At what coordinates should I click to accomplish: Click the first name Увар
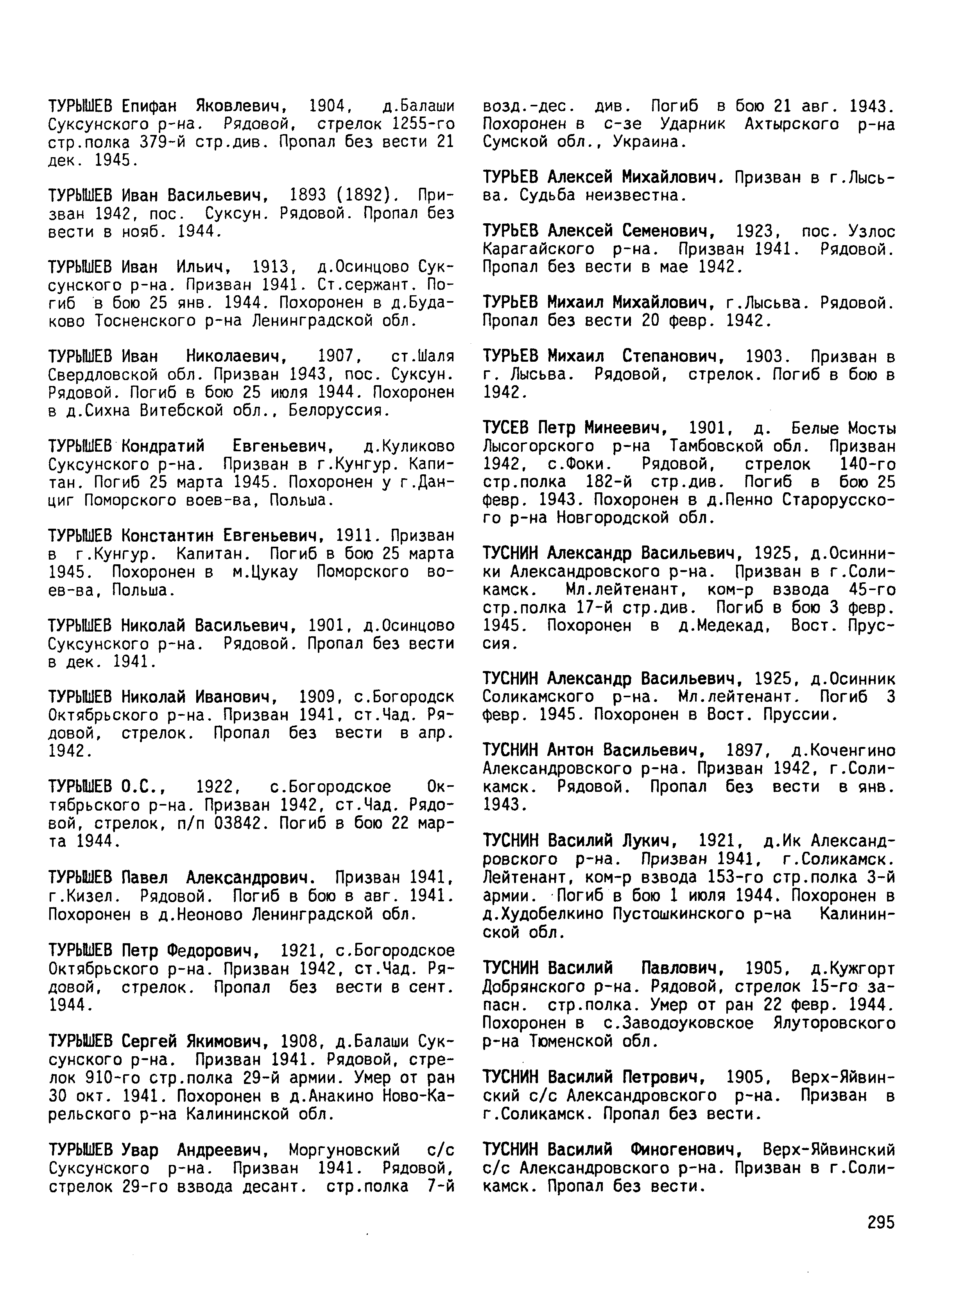pos(139,1150)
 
